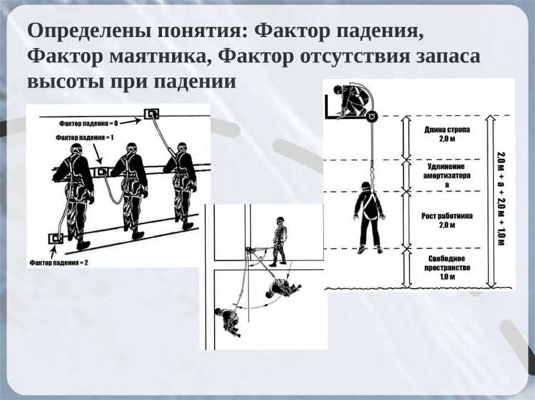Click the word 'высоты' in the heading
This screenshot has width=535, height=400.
point(61,81)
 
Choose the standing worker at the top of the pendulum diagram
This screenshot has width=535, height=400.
point(280,240)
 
